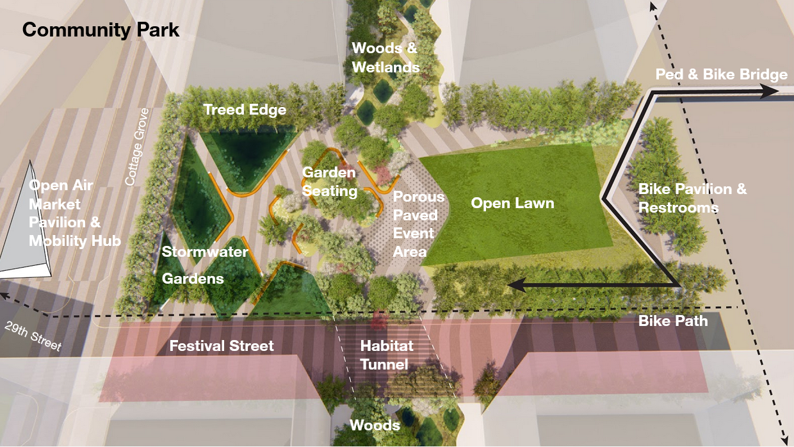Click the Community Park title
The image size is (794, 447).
click(x=101, y=30)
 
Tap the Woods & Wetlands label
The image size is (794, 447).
click(x=385, y=58)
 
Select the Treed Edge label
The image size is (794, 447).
click(x=245, y=110)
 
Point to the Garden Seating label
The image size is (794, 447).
click(x=329, y=182)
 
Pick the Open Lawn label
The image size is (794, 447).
click(x=512, y=204)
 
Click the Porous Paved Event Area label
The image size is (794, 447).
click(x=418, y=224)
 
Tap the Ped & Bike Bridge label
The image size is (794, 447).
click(x=721, y=75)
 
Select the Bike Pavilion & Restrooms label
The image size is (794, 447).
click(x=692, y=199)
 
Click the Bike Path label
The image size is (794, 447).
click(x=673, y=321)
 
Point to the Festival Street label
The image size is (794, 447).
click(x=222, y=346)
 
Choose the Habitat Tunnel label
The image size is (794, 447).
click(x=386, y=355)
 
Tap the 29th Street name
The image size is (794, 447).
click(x=33, y=336)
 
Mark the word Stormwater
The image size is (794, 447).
click(x=204, y=252)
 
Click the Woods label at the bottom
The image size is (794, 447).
click(x=375, y=425)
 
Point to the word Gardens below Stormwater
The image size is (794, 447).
click(x=193, y=279)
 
